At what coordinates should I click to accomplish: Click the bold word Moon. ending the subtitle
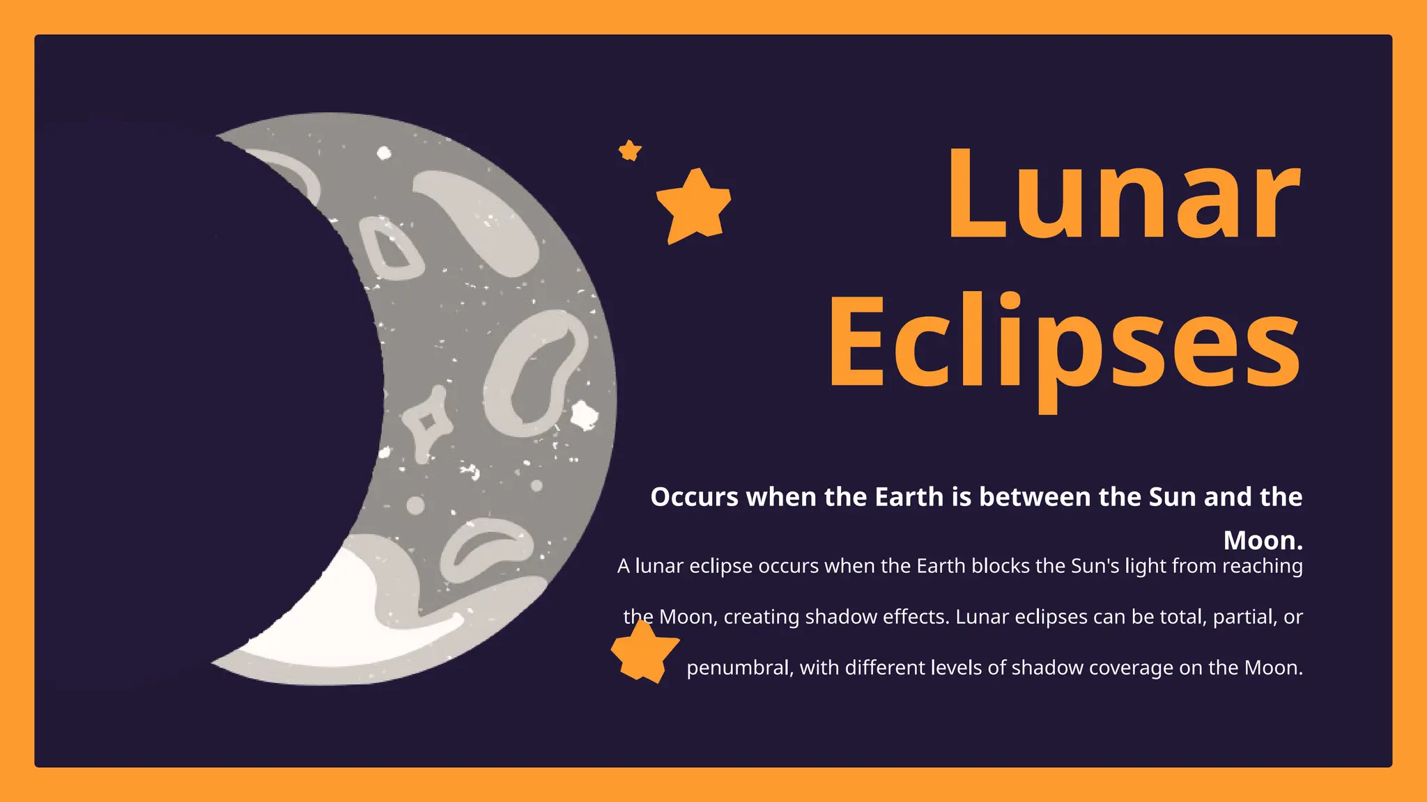click(x=1263, y=540)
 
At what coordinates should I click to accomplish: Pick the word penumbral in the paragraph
click(x=739, y=668)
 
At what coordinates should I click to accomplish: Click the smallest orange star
click(x=630, y=150)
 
